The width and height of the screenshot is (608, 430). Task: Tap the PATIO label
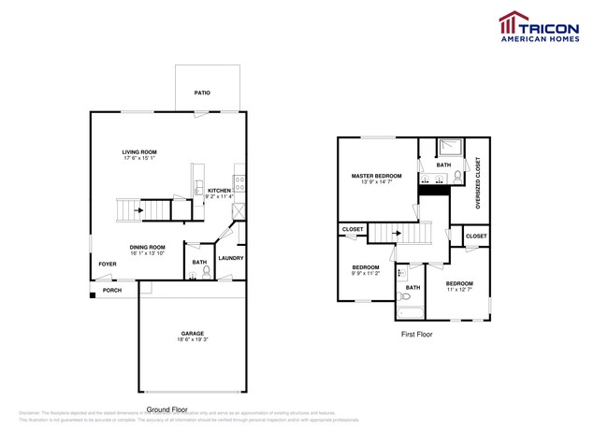tap(201, 93)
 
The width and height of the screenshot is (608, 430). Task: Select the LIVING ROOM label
tap(138, 151)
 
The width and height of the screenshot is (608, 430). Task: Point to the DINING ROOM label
tap(148, 247)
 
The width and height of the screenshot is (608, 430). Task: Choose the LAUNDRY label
tap(230, 258)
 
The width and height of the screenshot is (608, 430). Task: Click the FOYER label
tap(108, 264)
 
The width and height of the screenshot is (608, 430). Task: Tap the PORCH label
tap(111, 290)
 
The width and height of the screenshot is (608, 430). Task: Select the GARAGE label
tap(193, 334)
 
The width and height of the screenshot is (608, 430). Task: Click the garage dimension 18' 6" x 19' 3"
tap(193, 341)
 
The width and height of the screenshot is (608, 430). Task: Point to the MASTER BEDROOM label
tap(377, 176)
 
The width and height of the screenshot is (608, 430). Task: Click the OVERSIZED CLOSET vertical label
tap(477, 182)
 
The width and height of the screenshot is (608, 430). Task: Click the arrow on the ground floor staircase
tap(139, 210)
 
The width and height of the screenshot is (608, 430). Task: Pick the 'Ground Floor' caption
tap(168, 409)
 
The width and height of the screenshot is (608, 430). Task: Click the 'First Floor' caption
tap(416, 334)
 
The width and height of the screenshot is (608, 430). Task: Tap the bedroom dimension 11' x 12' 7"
tap(459, 290)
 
